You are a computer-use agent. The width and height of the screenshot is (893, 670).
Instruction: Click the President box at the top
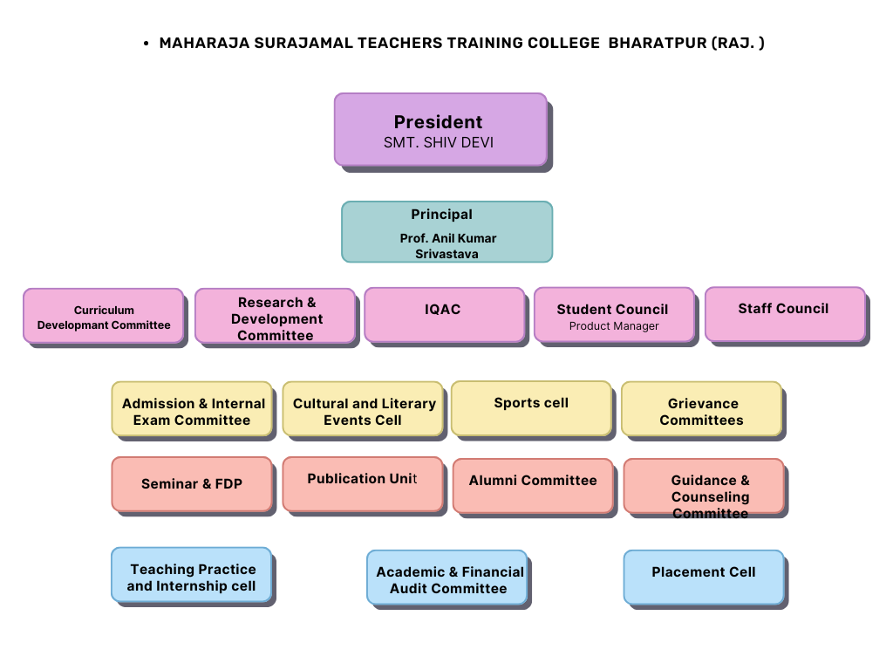(440, 130)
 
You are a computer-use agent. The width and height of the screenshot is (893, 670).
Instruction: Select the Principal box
(447, 232)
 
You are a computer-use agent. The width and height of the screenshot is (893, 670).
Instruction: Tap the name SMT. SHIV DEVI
(439, 142)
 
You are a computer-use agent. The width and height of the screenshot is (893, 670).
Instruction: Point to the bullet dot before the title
(147, 44)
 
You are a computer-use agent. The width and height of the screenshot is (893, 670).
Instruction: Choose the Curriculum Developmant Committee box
(104, 316)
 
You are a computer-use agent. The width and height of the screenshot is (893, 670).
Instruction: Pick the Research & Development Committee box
(275, 316)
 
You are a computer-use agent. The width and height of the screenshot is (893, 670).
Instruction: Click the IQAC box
(444, 314)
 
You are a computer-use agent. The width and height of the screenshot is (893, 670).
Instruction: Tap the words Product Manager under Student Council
(614, 326)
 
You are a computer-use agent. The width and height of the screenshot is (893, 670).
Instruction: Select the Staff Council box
(786, 314)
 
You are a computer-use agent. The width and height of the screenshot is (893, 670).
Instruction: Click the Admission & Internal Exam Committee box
(192, 409)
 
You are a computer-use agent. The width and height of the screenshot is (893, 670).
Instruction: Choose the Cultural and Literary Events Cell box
(363, 409)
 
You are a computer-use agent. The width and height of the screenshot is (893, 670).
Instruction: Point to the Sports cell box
(531, 408)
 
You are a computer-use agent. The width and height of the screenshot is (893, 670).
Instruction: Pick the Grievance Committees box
(702, 409)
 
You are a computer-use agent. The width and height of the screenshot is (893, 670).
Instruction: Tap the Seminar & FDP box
(192, 484)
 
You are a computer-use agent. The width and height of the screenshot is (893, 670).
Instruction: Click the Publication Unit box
(363, 484)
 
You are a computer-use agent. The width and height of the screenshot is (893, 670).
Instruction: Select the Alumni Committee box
(533, 486)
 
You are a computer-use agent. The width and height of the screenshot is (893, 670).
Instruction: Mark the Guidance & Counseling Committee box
(704, 486)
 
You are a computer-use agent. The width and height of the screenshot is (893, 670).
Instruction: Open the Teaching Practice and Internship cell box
(191, 575)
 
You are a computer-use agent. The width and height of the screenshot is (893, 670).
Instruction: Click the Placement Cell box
(704, 578)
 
